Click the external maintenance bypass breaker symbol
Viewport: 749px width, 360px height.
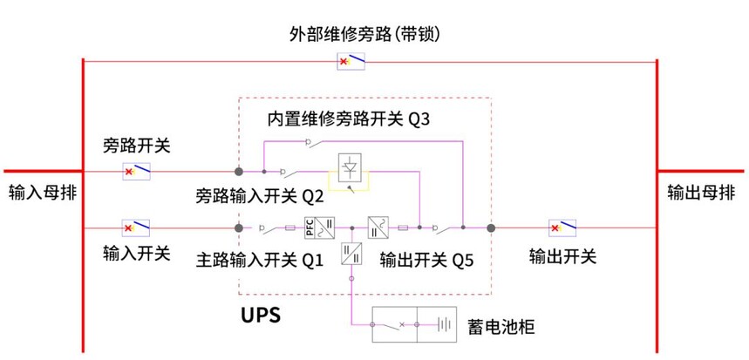351,61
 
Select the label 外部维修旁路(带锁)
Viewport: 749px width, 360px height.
364,34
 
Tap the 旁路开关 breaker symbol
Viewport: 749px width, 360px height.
137,171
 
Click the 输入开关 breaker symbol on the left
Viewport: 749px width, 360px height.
136,228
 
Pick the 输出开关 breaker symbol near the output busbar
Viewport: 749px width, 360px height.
562,228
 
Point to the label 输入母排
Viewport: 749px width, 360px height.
43,194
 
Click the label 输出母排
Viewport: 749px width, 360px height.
701,194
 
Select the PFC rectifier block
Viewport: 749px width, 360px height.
320,228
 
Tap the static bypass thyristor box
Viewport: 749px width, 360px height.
351,167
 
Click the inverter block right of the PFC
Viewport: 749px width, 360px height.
378,228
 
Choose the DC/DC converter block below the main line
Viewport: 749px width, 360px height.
351,254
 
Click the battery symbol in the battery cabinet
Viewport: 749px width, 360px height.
444,325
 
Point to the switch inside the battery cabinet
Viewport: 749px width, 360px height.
393,325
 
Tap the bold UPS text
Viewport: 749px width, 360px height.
261,316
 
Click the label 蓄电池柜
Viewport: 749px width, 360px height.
501,327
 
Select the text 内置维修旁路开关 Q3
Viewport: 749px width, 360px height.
349,119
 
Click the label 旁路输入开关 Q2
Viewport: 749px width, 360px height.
260,196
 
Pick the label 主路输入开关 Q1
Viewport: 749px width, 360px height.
260,261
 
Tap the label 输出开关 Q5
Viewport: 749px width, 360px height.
426,261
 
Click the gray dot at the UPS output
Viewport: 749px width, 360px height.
491,228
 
